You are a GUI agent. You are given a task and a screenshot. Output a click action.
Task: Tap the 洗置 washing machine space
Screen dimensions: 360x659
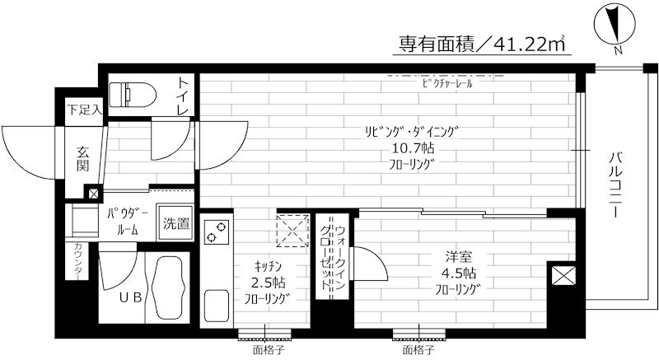click(x=175, y=222)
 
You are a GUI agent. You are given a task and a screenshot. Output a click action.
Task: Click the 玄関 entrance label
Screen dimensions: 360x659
click(x=84, y=158)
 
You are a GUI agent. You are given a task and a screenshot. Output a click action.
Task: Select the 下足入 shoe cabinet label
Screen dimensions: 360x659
click(x=83, y=110)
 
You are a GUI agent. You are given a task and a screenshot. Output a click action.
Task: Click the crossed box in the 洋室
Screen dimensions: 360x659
click(x=565, y=276)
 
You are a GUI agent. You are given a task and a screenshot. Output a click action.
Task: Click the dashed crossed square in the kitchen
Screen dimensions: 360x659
click(x=290, y=230)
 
